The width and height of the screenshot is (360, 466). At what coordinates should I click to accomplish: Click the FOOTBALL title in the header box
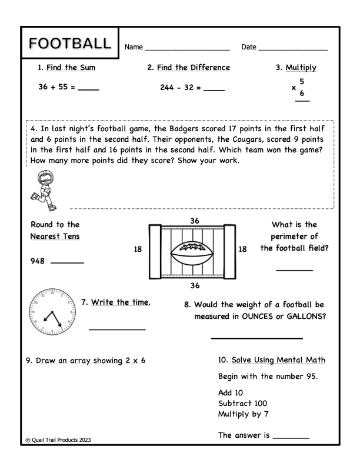coord(69,44)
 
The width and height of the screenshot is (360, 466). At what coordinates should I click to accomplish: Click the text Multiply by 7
coord(245,413)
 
